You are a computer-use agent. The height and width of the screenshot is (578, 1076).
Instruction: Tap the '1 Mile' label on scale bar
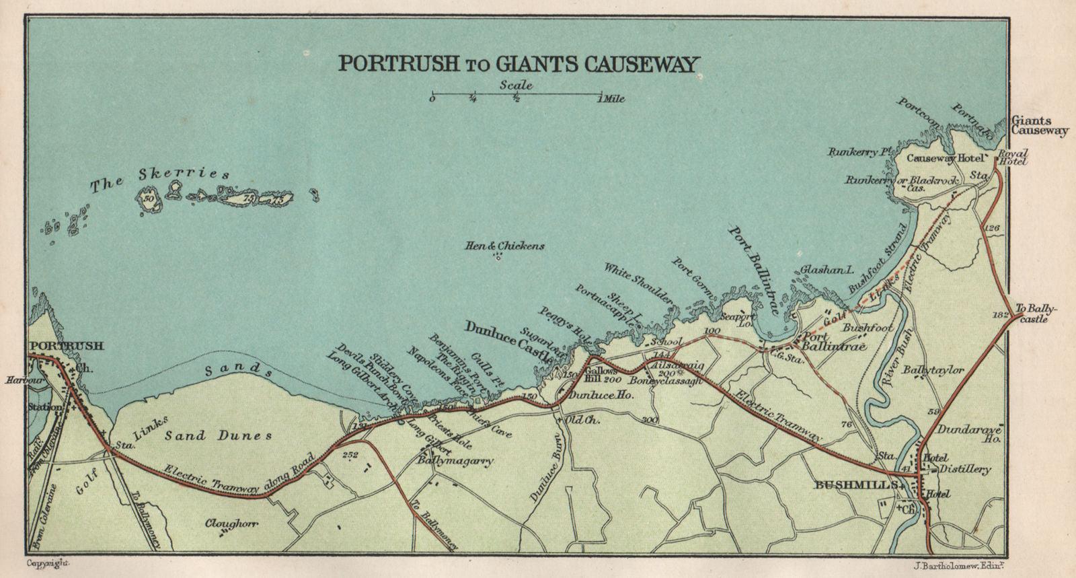click(x=611, y=99)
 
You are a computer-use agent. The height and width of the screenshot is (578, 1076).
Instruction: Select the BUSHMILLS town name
click(x=855, y=484)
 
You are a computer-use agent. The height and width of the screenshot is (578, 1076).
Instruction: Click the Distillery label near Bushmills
click(x=964, y=469)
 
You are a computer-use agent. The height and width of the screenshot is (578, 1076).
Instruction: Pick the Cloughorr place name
click(x=232, y=523)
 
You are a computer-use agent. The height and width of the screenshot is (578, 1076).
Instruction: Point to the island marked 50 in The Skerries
click(x=148, y=200)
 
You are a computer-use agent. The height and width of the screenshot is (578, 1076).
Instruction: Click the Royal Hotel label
click(x=1012, y=157)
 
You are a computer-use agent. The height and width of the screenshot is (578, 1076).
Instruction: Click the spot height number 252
click(x=350, y=456)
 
